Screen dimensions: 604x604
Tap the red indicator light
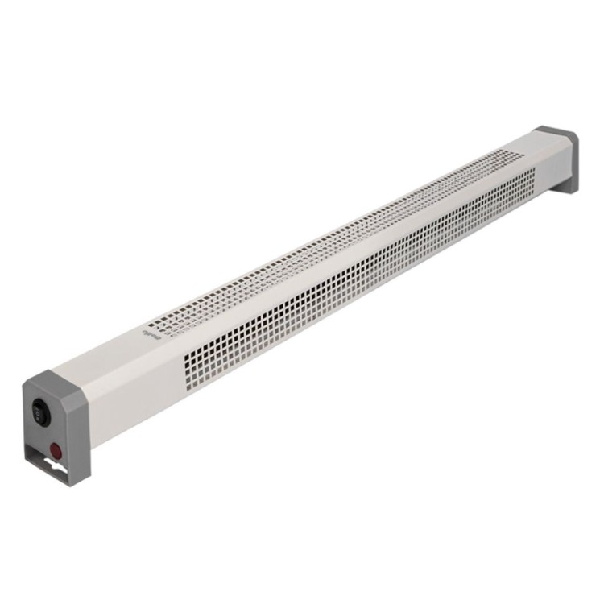[56, 449]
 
